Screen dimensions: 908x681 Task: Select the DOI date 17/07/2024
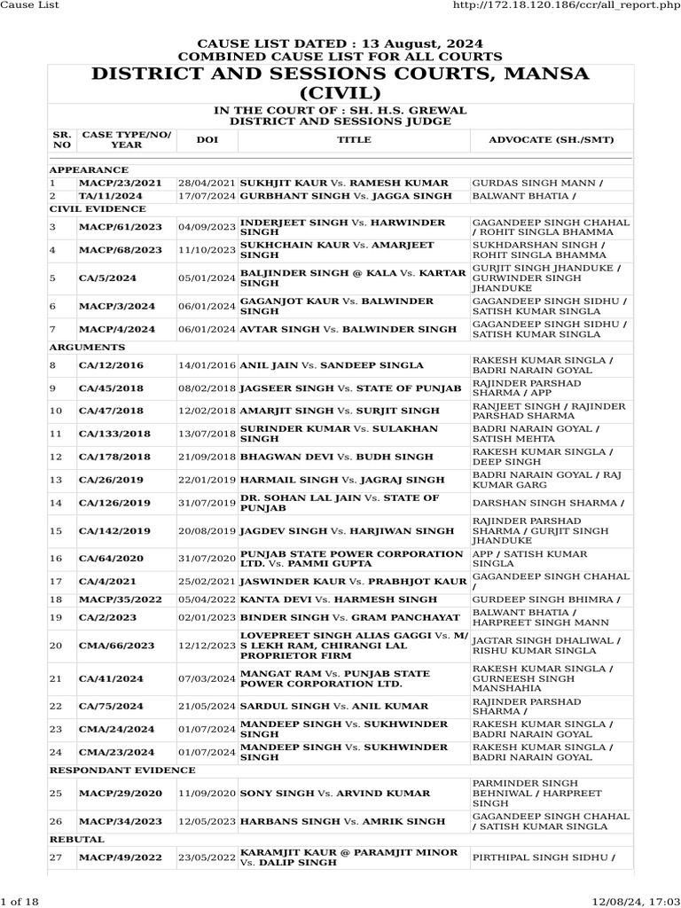[207, 195]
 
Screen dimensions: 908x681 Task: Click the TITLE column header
[354, 140]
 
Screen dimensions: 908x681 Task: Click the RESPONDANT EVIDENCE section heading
[121, 770]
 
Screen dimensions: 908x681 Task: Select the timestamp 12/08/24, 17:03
[638, 901]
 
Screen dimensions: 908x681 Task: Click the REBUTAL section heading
[76, 839]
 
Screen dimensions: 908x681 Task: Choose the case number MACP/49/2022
[117, 857]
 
